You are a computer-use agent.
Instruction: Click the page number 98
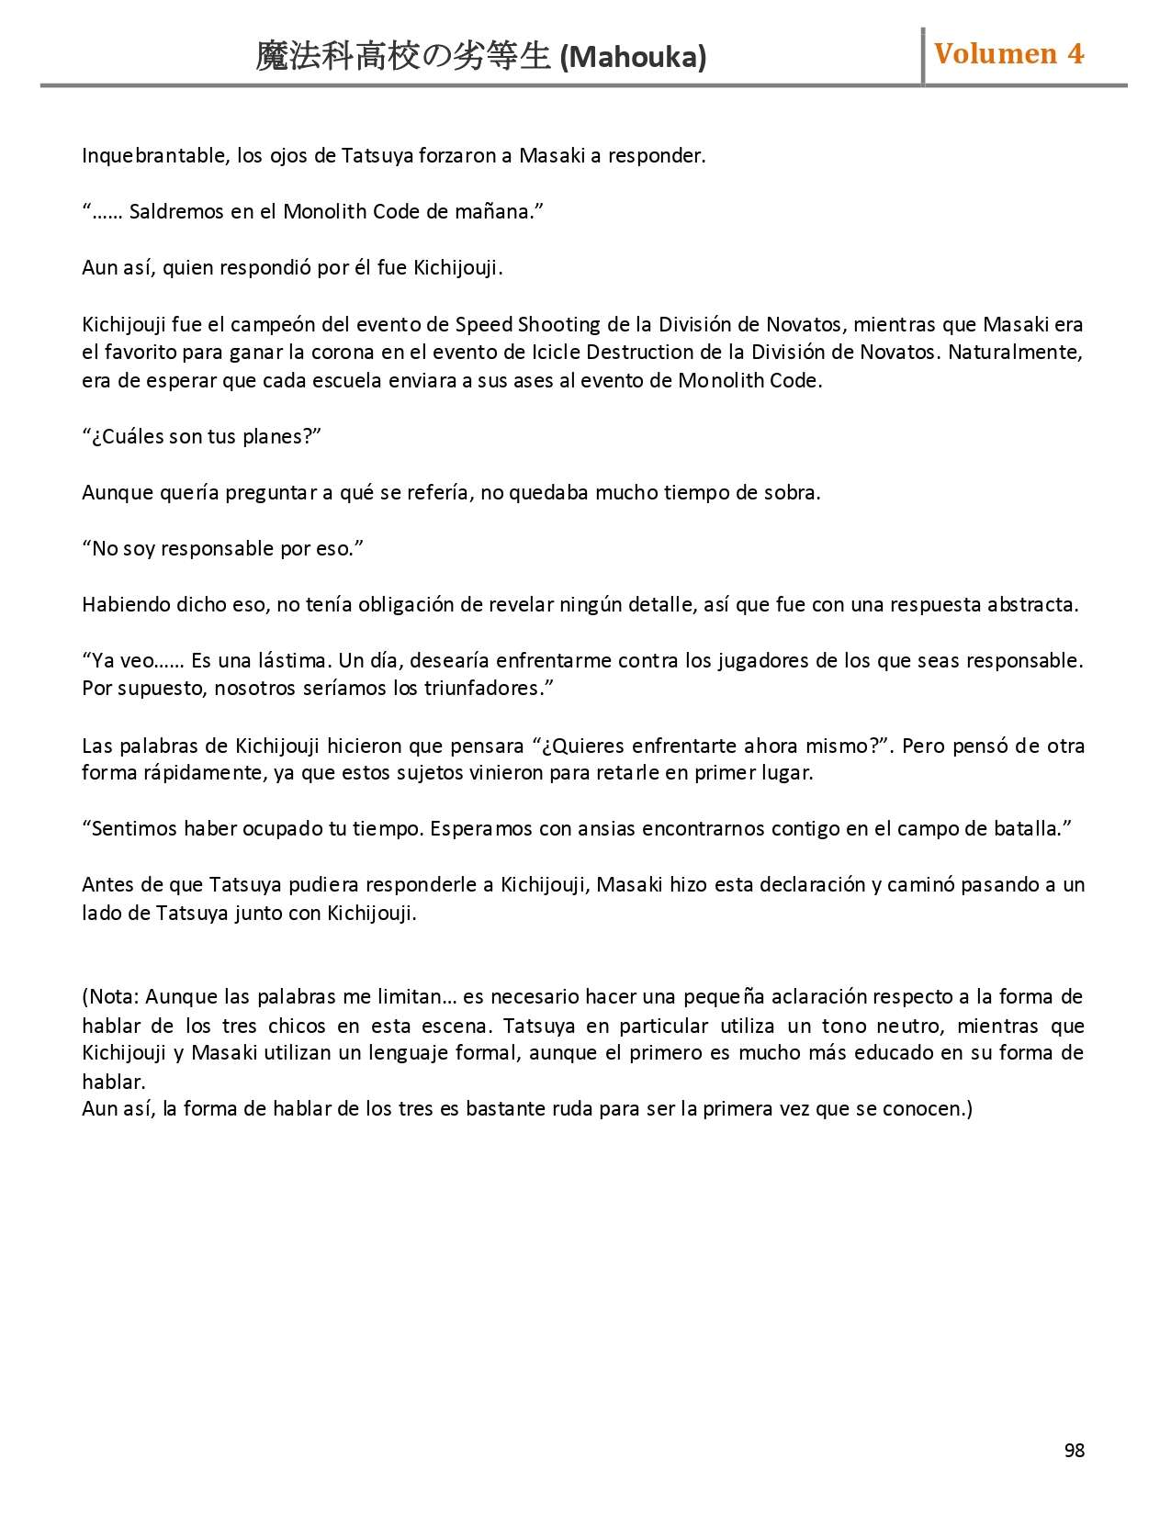click(1075, 1450)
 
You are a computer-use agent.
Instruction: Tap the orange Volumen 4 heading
click(1008, 54)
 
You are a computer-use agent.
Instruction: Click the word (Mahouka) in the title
click(633, 57)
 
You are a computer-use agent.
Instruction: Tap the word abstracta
click(1032, 604)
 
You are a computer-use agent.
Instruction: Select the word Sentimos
click(134, 828)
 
